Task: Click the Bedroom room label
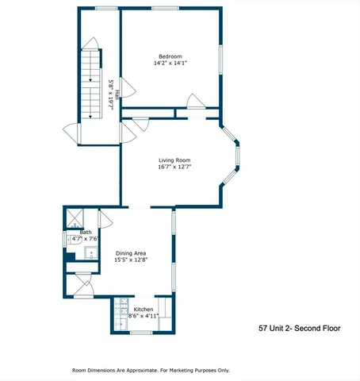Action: tap(170, 56)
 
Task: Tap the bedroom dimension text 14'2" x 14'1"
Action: tap(170, 63)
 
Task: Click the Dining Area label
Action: tap(130, 252)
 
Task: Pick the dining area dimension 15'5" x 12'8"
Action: tap(130, 260)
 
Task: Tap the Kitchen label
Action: tap(144, 309)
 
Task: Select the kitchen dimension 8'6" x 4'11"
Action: tap(144, 316)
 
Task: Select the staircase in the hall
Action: tap(92, 79)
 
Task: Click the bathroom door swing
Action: tap(105, 220)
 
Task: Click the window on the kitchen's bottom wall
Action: tap(141, 333)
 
